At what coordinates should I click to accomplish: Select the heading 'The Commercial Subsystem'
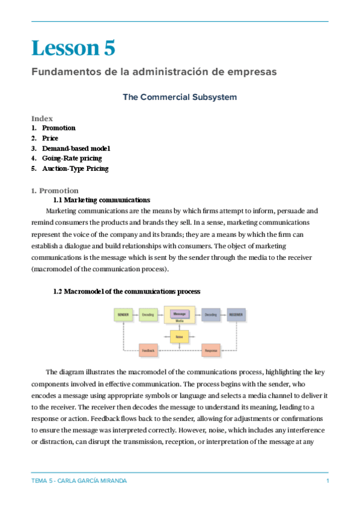180,97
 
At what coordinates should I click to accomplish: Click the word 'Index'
42,118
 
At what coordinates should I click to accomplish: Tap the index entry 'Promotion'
58,128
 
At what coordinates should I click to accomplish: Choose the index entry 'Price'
50,138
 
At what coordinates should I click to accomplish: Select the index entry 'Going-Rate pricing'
72,159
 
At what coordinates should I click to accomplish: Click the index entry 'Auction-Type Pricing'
75,169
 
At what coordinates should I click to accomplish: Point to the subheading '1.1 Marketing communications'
102,200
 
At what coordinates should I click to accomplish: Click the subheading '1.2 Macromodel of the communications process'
127,291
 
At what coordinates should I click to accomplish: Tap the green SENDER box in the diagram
123,315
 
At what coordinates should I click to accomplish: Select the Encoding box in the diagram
148,315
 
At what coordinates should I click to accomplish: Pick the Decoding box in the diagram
210,315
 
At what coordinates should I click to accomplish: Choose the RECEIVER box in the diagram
236,315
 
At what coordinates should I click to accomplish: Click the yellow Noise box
179,337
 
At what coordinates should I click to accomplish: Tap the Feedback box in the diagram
148,350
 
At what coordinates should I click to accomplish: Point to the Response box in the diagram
210,350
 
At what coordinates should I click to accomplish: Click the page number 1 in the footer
327,481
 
